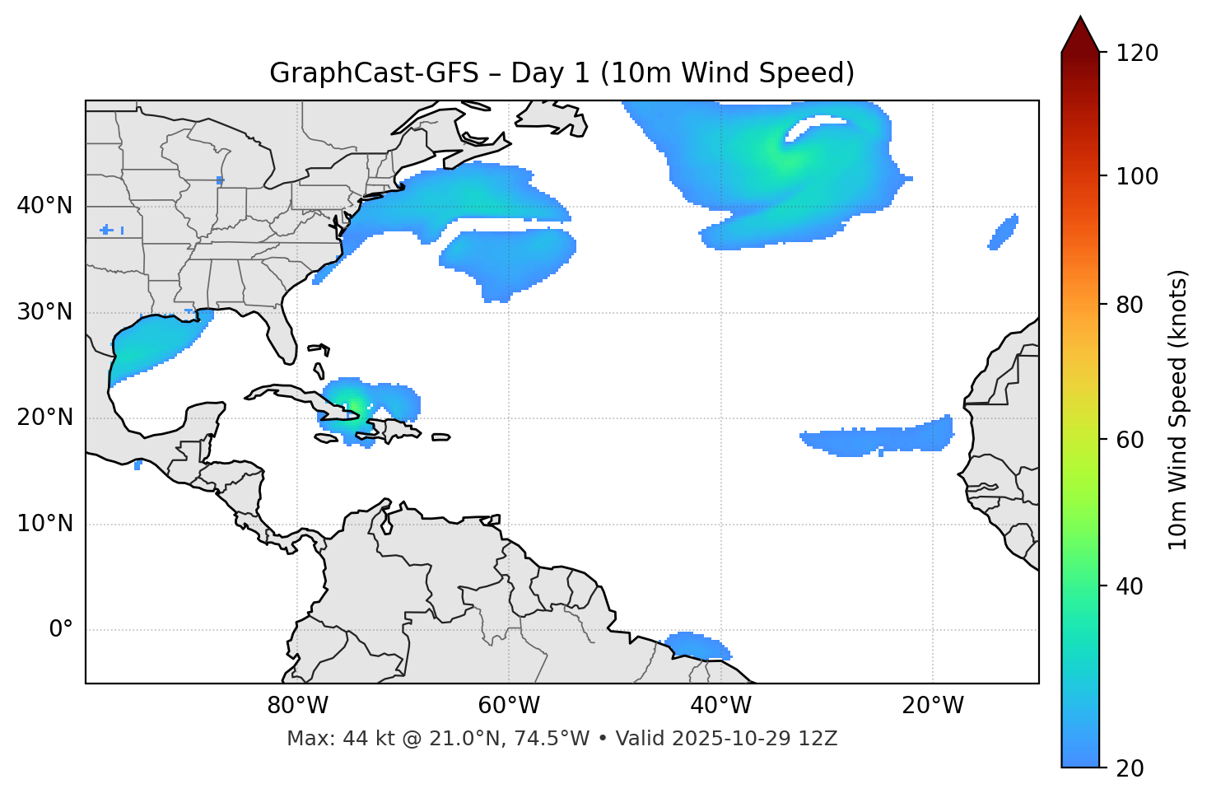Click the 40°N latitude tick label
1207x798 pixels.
[44, 206]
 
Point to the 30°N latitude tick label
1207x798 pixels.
[44, 312]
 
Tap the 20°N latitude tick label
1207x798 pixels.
[44, 418]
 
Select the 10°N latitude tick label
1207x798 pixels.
[44, 524]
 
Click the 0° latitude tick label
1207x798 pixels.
[60, 630]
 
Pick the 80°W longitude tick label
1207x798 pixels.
[297, 706]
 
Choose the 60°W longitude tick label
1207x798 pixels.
[509, 706]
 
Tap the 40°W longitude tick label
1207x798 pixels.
[720, 706]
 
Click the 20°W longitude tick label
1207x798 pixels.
[933, 706]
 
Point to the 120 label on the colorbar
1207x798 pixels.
[1137, 54]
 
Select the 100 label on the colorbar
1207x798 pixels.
[1137, 176]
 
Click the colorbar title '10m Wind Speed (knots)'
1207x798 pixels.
[1178, 410]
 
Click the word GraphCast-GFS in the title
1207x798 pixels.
[374, 73]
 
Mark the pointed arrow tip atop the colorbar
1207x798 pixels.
[1080, 18]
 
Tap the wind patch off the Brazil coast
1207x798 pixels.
[697, 645]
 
